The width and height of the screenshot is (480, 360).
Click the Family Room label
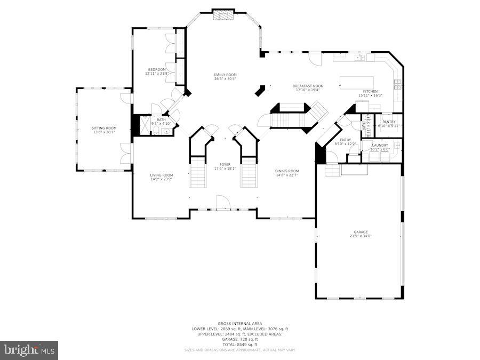click(x=225, y=75)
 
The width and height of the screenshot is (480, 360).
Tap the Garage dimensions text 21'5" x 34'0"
click(x=361, y=236)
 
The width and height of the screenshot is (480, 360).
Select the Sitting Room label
click(x=104, y=128)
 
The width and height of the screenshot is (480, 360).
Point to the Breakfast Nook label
click(x=308, y=86)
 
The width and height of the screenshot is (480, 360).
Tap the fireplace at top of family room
click(x=223, y=14)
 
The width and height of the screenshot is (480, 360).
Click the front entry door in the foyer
click(x=223, y=203)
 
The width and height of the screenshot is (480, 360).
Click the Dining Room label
click(x=287, y=171)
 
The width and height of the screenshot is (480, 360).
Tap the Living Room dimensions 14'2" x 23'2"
click(x=161, y=179)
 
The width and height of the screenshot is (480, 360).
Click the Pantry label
click(x=389, y=122)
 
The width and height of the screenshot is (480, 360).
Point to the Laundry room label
click(x=380, y=145)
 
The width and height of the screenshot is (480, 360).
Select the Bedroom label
click(x=157, y=69)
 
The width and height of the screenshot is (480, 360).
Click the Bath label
click(x=161, y=119)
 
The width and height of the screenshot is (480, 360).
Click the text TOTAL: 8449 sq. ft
click(x=239, y=345)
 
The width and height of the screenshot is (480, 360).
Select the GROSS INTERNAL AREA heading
click(x=239, y=324)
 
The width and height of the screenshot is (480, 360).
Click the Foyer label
click(x=225, y=164)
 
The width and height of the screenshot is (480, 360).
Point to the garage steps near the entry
click(x=332, y=170)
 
